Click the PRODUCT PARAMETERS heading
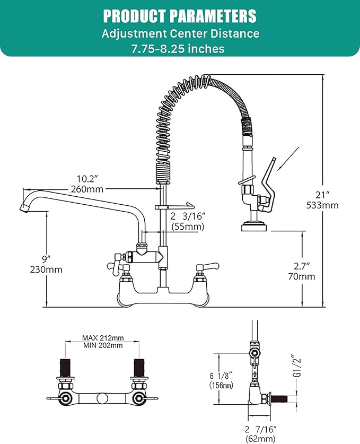(x=180, y=15)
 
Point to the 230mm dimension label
(x=47, y=269)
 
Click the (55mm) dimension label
(x=188, y=227)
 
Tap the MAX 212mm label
(x=103, y=337)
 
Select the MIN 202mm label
(x=103, y=345)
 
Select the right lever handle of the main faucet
(x=206, y=265)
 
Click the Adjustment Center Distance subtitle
(x=180, y=33)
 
